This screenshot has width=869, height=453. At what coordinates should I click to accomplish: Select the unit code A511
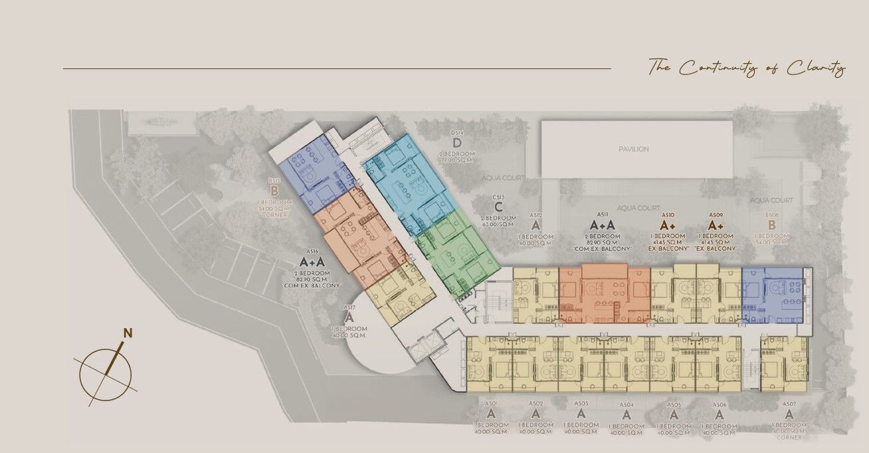point(603,215)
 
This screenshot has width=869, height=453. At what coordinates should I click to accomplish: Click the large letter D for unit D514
point(457,143)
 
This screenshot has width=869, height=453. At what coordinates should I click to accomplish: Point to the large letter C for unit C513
point(499,207)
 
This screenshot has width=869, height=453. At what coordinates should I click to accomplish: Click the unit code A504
point(627,405)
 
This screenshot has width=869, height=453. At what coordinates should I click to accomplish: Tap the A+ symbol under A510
point(668,225)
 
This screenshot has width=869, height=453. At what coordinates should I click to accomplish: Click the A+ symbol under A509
point(716,225)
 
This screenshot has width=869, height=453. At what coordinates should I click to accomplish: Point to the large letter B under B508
point(771,225)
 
